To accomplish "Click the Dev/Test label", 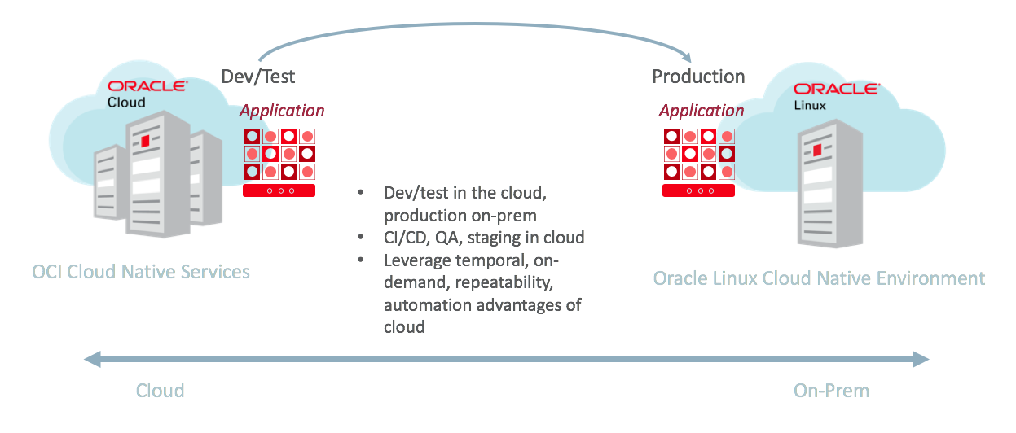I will (257, 77).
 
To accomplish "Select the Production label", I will (698, 77).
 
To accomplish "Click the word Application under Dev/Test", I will (282, 111).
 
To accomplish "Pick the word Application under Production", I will (702, 111).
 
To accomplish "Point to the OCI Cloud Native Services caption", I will (141, 271).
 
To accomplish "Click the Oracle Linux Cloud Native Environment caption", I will (819, 278).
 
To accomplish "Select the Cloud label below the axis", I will (160, 391).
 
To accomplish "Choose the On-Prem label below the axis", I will (831, 391).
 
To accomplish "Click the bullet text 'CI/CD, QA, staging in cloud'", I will (484, 238).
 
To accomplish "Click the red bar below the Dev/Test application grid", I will (279, 190).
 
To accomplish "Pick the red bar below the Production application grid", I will (699, 190).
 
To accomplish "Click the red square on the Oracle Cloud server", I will (146, 142).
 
